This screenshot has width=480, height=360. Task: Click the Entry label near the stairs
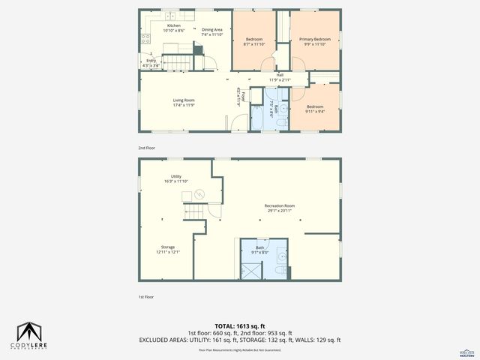pyautogui.click(x=151, y=62)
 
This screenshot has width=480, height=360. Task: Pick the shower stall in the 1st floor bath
pyautogui.click(x=250, y=265)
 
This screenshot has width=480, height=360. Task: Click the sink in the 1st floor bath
pyautogui.click(x=280, y=253)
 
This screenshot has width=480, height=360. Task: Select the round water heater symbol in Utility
pyautogui.click(x=199, y=194)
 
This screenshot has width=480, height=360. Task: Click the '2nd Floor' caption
pyautogui.click(x=146, y=148)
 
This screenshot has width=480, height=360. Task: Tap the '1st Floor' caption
pyautogui.click(x=146, y=298)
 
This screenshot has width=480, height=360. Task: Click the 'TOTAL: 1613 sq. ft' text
pyautogui.click(x=239, y=325)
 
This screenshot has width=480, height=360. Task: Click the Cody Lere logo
pyautogui.click(x=30, y=334)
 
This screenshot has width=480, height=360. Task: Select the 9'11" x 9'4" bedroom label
pyautogui.click(x=315, y=109)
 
